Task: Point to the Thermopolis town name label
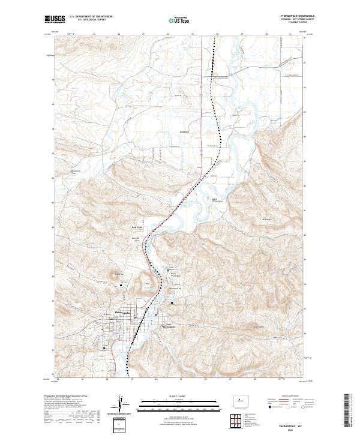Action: pos(122,312)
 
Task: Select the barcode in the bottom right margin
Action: pos(347,411)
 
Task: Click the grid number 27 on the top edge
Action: pos(192,34)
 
